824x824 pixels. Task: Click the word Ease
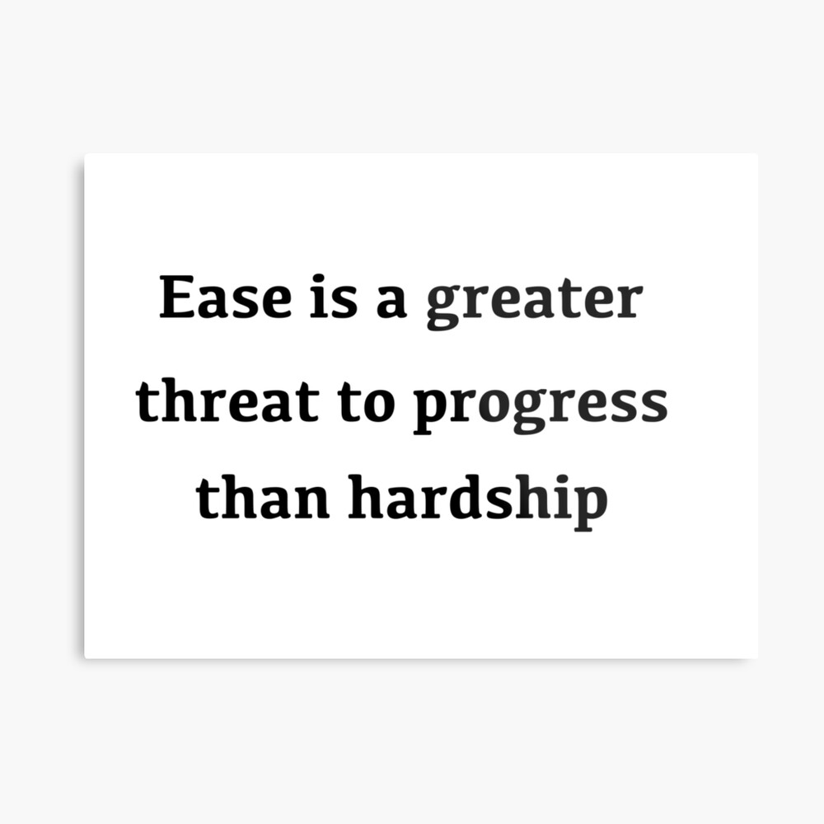point(226,297)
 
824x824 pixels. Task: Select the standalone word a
point(391,302)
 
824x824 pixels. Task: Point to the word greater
point(535,305)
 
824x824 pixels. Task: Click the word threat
point(227,399)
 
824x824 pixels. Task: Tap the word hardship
point(478,501)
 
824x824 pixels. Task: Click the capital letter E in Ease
point(178,297)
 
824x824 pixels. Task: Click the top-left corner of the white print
point(85,154)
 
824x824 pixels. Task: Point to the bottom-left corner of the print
point(85,658)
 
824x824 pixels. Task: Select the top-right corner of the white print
point(757,154)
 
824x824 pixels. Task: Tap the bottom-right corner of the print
point(757,658)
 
